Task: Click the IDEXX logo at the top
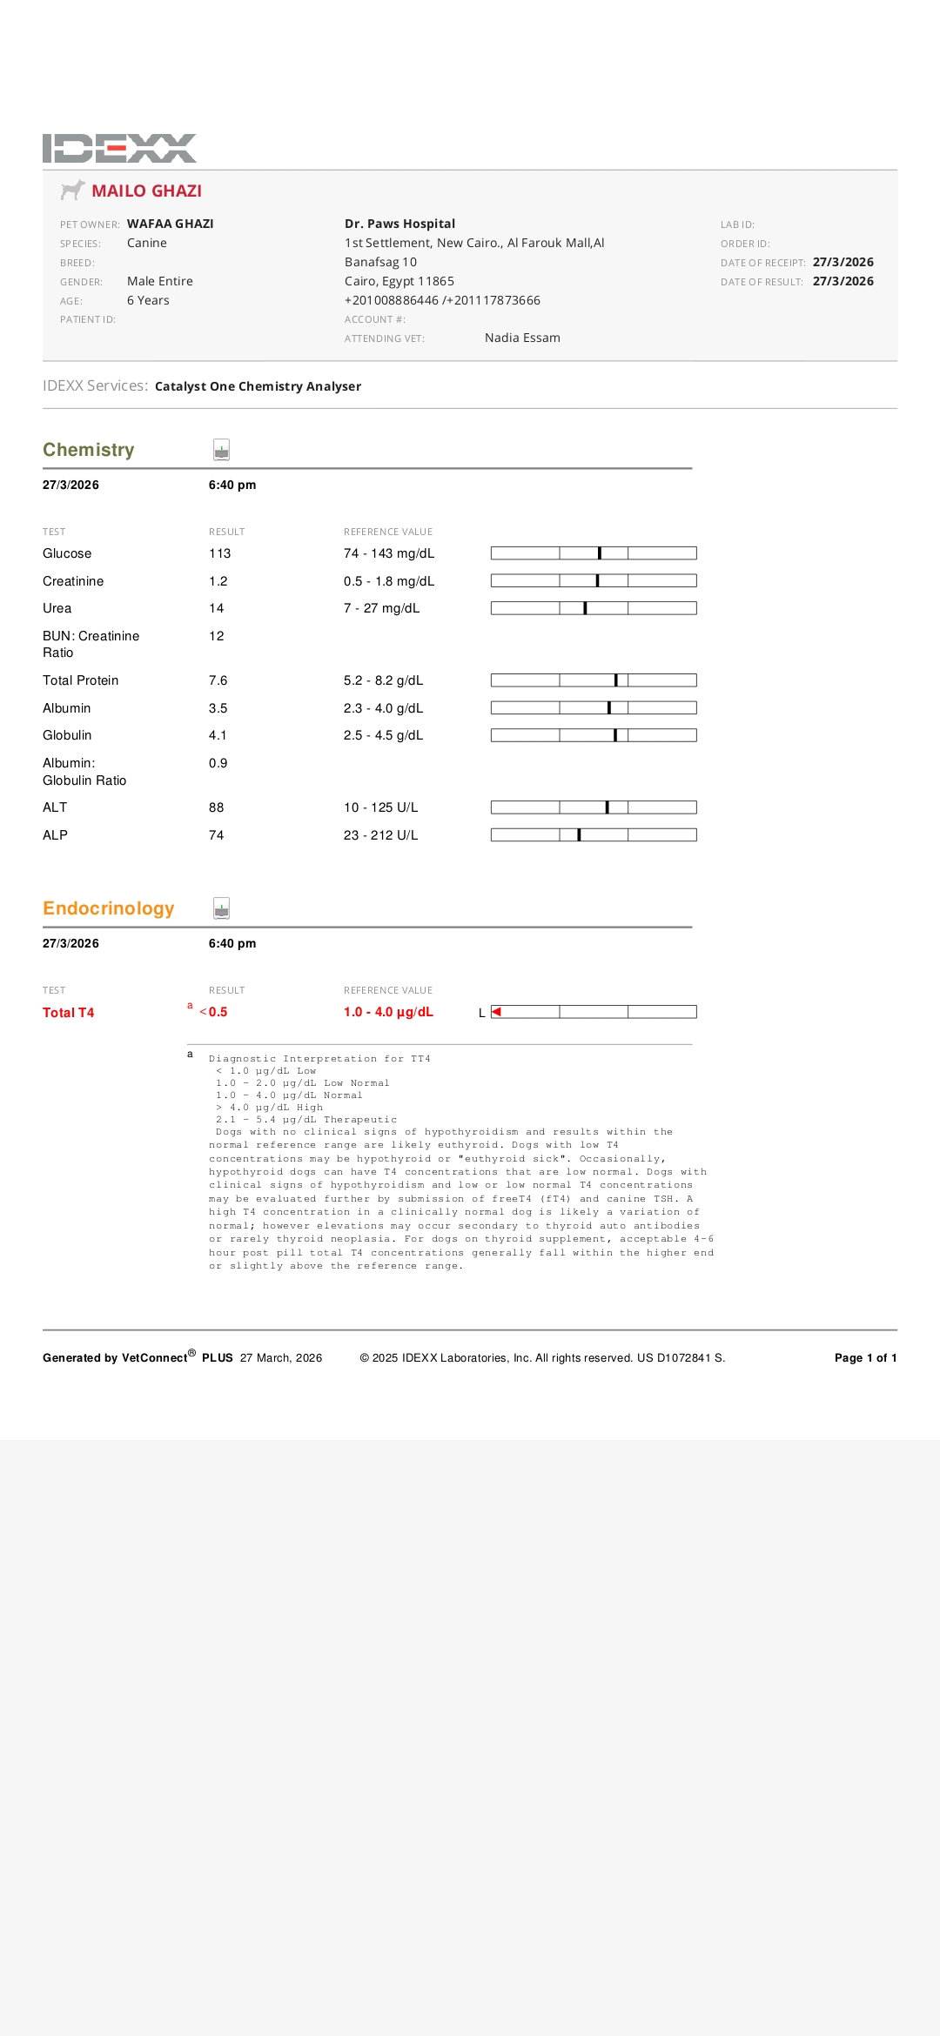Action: (119, 148)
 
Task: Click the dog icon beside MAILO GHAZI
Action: (72, 190)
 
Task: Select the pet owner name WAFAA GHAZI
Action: (170, 224)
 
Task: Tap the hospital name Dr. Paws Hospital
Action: (399, 224)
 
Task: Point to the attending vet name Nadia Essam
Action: (522, 338)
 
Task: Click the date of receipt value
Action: (843, 262)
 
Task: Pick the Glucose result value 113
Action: (219, 553)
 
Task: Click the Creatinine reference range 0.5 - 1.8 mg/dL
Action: (388, 581)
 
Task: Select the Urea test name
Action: (57, 608)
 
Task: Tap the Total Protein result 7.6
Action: (218, 680)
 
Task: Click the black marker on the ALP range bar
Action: (579, 835)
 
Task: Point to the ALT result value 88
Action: (216, 807)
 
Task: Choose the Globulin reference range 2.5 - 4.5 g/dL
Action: (383, 735)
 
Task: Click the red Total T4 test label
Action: (68, 1013)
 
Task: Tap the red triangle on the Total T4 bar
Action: (496, 1012)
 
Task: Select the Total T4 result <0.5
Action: (214, 1012)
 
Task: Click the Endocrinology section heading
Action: (108, 908)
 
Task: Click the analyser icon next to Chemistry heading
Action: (221, 450)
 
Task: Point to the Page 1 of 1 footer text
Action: (865, 1357)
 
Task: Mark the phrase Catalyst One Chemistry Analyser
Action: (258, 386)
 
